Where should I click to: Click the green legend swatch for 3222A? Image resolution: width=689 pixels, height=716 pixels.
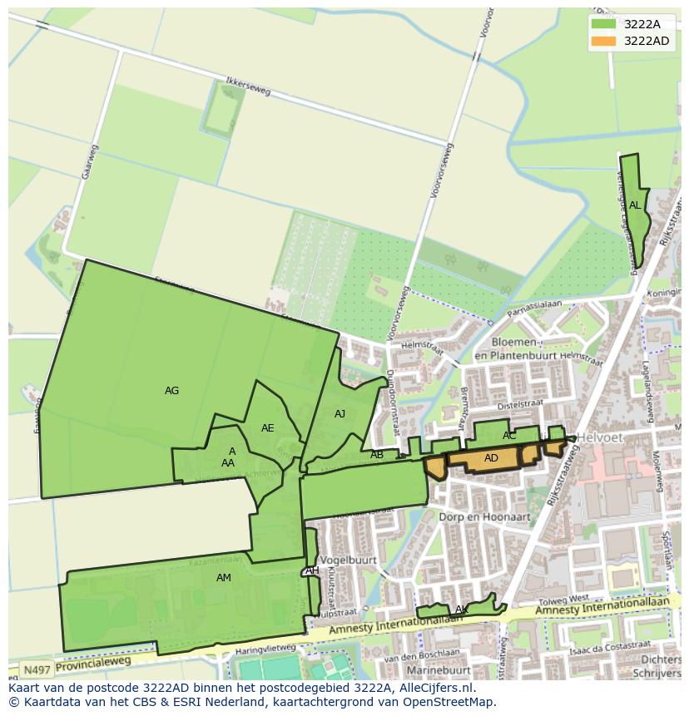tap(603, 24)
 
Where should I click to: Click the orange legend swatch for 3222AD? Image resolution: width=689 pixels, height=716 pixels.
tap(603, 41)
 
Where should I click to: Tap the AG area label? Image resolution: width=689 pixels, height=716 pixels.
tap(171, 390)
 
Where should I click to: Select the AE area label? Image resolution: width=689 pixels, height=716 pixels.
tap(267, 428)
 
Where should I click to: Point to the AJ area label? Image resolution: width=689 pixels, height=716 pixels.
tap(340, 413)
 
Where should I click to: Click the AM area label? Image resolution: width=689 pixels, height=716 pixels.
tap(223, 577)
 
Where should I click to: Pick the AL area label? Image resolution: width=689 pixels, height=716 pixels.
tap(635, 205)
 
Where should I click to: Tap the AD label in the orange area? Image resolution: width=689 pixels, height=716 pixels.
tap(491, 458)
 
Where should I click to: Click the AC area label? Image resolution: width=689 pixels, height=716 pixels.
tap(509, 435)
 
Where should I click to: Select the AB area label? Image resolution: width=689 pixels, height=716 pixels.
tap(377, 454)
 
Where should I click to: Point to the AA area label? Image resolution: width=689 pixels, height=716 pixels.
tap(227, 463)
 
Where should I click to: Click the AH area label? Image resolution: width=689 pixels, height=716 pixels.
tap(312, 570)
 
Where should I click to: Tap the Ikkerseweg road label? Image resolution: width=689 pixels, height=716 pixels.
tap(249, 88)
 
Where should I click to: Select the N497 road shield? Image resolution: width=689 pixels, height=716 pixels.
tap(35, 669)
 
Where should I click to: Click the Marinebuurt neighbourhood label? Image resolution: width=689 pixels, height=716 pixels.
tap(439, 668)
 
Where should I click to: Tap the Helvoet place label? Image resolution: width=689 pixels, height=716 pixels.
tap(601, 438)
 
